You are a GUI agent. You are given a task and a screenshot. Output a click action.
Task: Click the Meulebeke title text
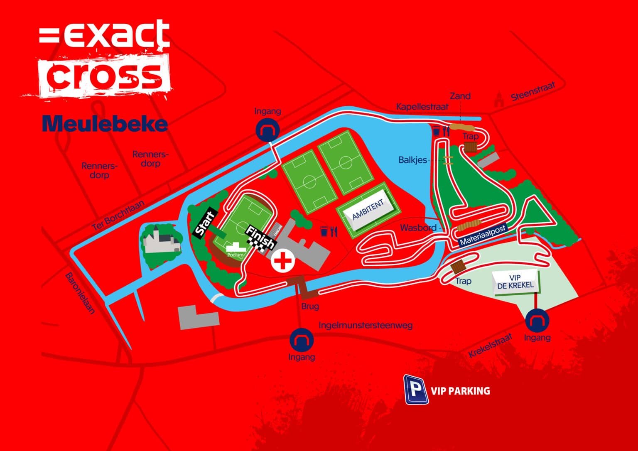click(105, 124)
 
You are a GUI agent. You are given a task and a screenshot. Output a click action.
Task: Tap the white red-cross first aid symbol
click(283, 262)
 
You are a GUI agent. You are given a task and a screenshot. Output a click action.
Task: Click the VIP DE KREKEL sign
click(515, 282)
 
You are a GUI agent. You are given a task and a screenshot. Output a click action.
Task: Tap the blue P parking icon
click(416, 390)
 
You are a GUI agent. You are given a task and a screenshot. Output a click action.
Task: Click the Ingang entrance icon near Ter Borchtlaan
click(267, 130)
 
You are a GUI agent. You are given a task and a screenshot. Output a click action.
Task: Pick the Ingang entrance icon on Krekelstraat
click(537, 321)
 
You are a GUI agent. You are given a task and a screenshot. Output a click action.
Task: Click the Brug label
click(310, 306)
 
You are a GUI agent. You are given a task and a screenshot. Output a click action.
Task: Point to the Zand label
click(460, 96)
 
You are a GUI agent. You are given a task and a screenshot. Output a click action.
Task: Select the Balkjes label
click(412, 160)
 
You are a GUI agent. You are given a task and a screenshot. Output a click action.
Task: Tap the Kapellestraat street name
click(422, 107)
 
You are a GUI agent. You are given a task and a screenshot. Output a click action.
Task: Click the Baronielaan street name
click(81, 293)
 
